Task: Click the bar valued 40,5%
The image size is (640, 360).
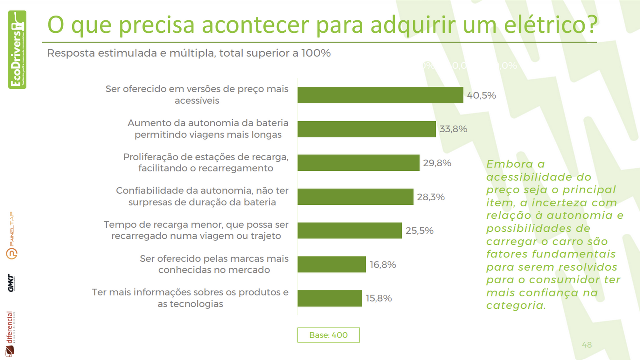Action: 380,95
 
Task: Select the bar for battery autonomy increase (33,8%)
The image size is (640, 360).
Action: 366,129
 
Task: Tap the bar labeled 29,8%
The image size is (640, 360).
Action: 358,163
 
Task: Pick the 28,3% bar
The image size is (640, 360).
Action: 355,197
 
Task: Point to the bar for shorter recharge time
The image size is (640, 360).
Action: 349,231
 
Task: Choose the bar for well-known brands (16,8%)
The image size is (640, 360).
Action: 332,264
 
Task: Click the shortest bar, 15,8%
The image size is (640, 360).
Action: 330,298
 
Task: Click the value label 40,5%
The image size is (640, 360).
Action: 481,95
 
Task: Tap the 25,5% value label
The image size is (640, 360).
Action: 419,231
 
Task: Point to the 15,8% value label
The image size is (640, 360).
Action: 378,298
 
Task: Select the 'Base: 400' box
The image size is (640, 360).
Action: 328,335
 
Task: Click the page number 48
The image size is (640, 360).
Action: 587,345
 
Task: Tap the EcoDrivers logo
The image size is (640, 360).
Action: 17,50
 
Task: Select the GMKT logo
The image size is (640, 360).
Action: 11,283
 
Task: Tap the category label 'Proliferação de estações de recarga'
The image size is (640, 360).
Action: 206,157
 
